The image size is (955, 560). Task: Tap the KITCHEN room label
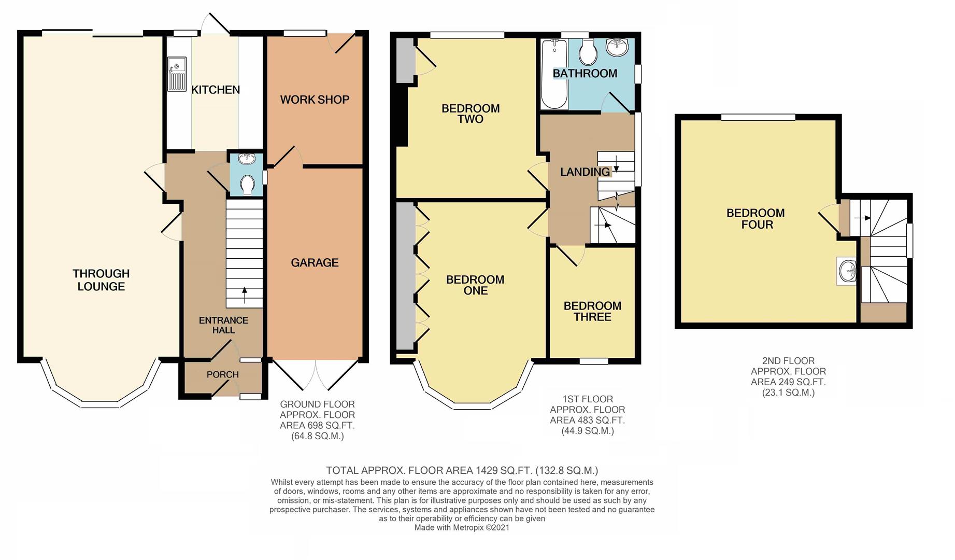(216, 90)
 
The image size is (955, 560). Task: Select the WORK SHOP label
(315, 100)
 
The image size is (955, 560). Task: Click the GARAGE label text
(315, 263)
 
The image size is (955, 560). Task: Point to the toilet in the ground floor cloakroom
(247, 185)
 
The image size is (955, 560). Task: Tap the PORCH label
(223, 374)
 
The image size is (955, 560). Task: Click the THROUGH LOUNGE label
(101, 280)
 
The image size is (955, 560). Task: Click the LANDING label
(585, 172)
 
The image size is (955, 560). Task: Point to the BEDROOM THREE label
(592, 312)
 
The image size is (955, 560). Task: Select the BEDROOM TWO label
(471, 114)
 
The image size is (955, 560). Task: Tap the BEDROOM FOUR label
(756, 219)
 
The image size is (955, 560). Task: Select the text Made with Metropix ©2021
(462, 527)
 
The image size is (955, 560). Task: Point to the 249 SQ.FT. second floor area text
(788, 382)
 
